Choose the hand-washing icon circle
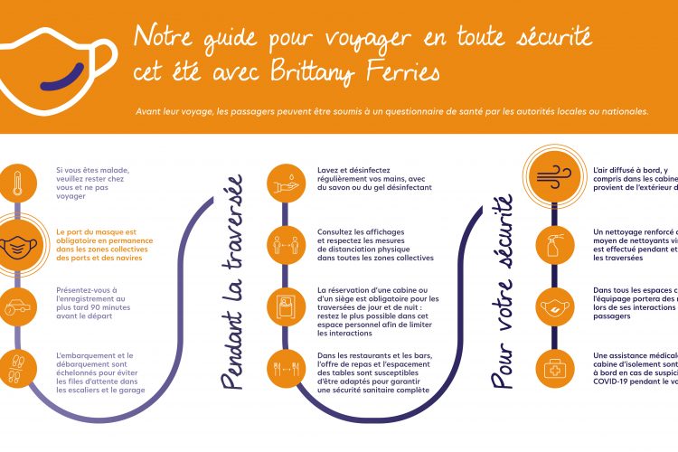click(286, 181)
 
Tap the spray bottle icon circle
click(553, 243)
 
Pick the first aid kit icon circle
click(553, 368)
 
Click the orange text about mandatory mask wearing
click(104, 243)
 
